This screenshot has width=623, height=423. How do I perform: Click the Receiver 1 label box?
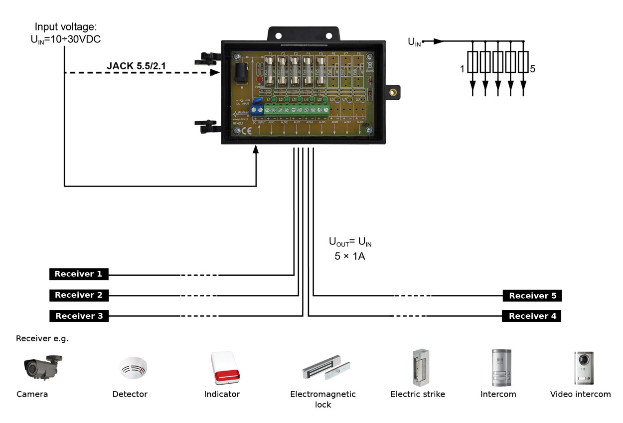point(79,274)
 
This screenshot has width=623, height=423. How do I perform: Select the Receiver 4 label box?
point(532,316)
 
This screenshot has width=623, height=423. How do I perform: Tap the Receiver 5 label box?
point(532,296)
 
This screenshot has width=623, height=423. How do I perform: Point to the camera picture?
point(42,367)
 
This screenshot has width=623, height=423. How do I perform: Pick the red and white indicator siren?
point(223,368)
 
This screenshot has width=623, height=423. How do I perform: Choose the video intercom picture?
point(584,368)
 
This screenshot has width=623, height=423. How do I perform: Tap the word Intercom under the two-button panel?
point(498,394)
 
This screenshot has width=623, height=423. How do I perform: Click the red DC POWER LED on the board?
point(259,80)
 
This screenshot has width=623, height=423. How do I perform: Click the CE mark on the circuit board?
point(246,131)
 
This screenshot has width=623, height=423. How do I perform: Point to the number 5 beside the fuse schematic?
point(532,69)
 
